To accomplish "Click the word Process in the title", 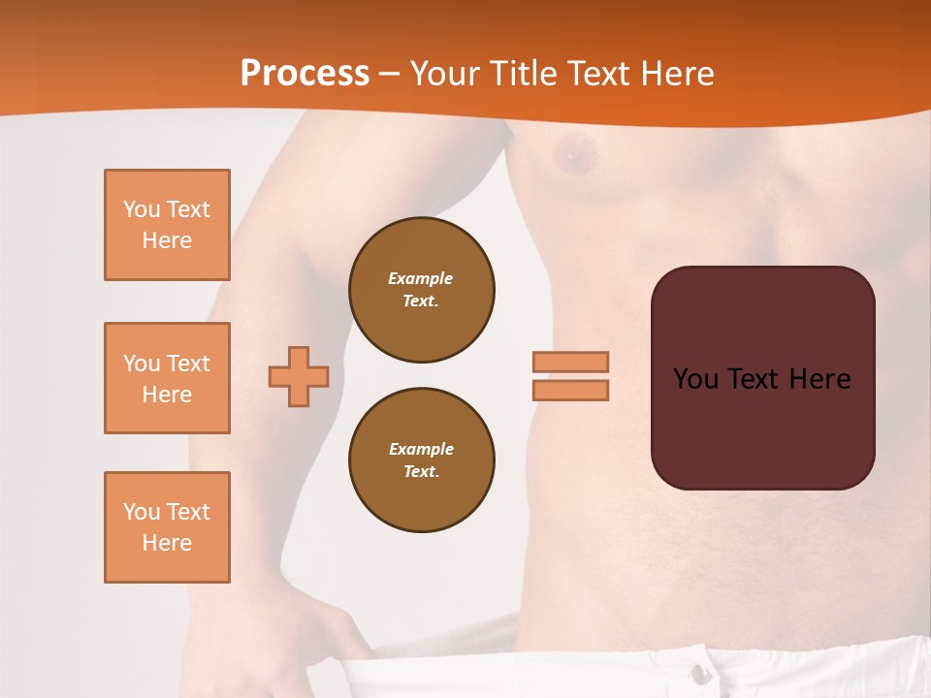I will pyautogui.click(x=305, y=74).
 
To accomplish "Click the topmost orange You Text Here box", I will pyautogui.click(x=167, y=225).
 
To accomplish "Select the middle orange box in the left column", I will pyautogui.click(x=167, y=378).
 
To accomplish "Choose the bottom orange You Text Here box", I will pyautogui.click(x=167, y=527).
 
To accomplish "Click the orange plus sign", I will pyautogui.click(x=299, y=376).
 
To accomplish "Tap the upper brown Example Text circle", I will pyautogui.click(x=421, y=290).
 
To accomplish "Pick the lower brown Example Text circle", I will pyautogui.click(x=421, y=460).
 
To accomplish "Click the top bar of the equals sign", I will pyautogui.click(x=570, y=362).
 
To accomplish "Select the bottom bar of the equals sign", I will pyautogui.click(x=570, y=391).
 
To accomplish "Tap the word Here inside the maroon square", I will pyautogui.click(x=819, y=379).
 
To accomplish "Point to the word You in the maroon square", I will pyautogui.click(x=695, y=379).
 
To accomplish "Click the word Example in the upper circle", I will pyautogui.click(x=421, y=278).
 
